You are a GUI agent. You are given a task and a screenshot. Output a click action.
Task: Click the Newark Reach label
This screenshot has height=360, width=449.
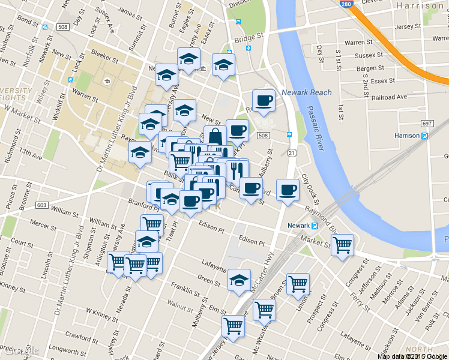(x=306, y=92)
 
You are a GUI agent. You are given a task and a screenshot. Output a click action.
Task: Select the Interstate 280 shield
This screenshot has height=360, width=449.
(x=345, y=4)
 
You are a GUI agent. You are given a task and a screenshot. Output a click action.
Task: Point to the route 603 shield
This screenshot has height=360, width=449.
(x=41, y=205)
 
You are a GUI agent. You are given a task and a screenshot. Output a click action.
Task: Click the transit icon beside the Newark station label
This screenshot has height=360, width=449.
(x=315, y=226)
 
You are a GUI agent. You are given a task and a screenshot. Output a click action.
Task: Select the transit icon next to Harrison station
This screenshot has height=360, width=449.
(x=425, y=136)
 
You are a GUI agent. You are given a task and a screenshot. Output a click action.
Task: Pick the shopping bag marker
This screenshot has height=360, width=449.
(x=215, y=137)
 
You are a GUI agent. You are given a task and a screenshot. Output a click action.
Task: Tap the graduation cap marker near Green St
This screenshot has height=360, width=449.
(x=240, y=280)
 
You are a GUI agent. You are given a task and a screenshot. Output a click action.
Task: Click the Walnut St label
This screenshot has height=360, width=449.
(x=182, y=304)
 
